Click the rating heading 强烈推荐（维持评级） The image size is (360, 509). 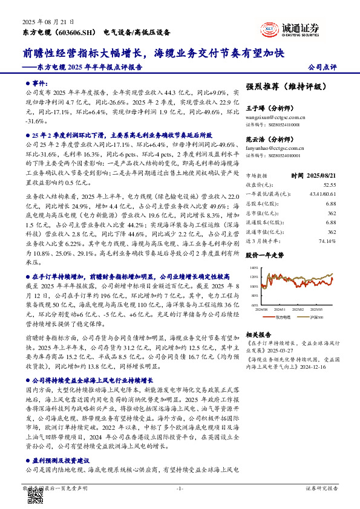pos(287,86)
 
